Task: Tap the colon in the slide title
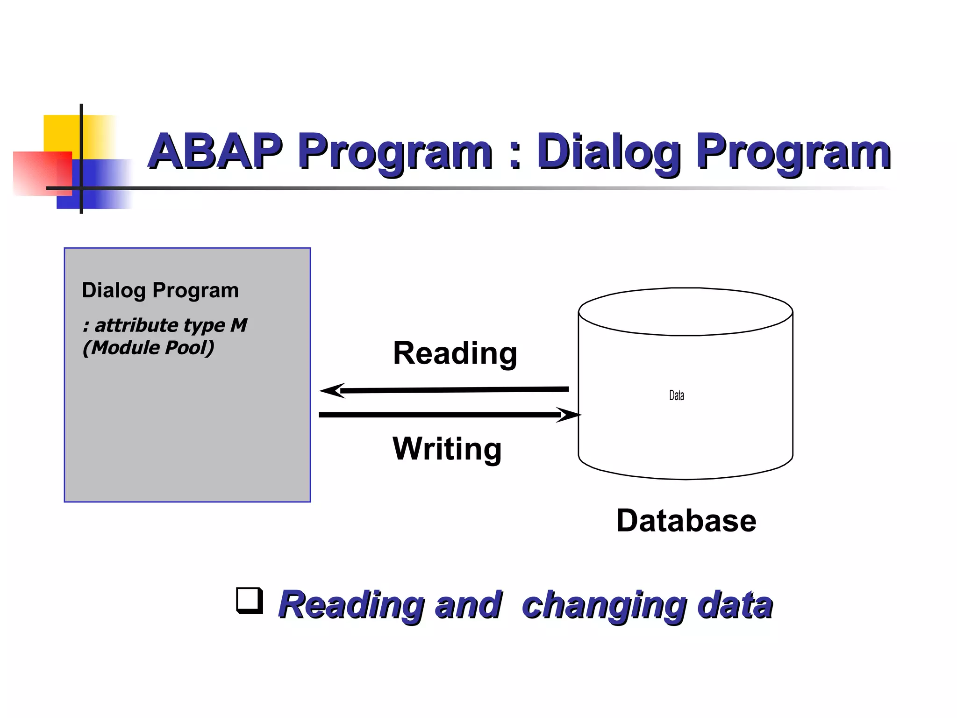pos(514,154)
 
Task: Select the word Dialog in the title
pos(608,152)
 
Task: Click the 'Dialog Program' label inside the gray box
pos(160,290)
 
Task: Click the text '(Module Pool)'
pos(148,348)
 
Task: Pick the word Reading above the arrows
pos(455,353)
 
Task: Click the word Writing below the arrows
pos(447,449)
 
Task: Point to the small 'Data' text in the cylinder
pos(676,395)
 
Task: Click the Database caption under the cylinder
pos(686,521)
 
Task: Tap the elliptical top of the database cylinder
pos(685,311)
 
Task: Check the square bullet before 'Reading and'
pos(249,600)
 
